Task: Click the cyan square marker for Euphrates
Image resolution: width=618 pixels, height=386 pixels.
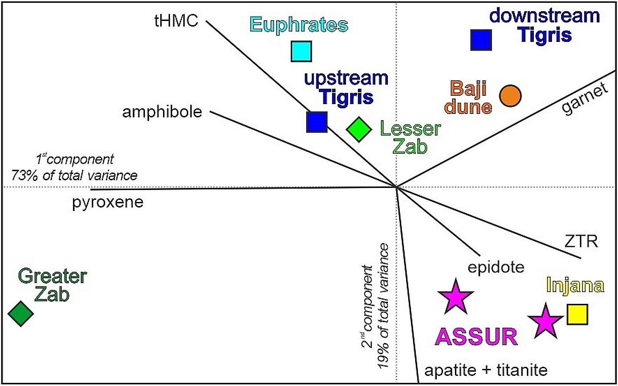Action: point(301,51)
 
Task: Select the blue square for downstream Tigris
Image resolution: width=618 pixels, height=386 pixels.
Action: point(481,40)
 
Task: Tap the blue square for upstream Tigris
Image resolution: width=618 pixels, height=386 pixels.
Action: point(317,122)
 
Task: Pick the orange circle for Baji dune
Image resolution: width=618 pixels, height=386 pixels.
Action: point(510,96)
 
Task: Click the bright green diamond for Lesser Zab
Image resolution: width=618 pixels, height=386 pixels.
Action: point(359,129)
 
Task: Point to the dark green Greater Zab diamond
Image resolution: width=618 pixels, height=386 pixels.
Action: point(21,313)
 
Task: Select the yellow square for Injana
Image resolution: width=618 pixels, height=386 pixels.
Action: point(577,314)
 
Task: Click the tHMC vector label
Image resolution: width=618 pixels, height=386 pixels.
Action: point(176,21)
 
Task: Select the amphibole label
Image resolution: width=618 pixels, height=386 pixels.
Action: point(162,112)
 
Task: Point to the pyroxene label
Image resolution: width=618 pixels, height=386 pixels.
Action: point(108,202)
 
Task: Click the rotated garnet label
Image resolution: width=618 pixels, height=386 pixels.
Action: point(585,99)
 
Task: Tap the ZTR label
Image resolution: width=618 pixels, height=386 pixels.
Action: point(581,241)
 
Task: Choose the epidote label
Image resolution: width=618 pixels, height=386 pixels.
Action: point(496,267)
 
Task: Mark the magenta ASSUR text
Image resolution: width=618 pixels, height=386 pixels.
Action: point(477,337)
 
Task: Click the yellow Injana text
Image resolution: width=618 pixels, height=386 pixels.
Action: point(575,285)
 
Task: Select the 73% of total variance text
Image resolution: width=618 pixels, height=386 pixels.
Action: point(74,175)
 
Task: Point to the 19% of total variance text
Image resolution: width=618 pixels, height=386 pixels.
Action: point(383,306)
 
